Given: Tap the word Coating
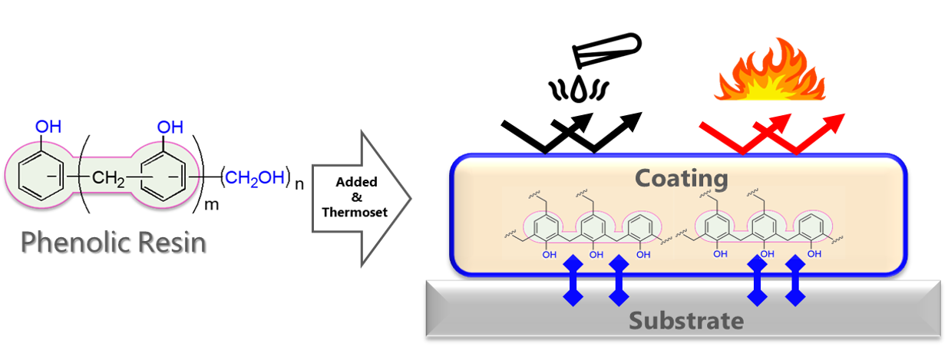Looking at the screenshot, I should (681, 179).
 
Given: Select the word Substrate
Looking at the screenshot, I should (686, 319).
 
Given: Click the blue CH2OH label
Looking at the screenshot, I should (254, 179).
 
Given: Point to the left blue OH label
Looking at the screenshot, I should (48, 127).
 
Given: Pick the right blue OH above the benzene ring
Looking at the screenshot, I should (170, 127).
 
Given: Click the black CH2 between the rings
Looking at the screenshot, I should (109, 180).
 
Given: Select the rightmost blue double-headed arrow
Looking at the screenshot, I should (794, 280).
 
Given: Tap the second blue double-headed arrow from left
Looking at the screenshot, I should (619, 280).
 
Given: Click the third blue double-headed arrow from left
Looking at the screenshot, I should (758, 280).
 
